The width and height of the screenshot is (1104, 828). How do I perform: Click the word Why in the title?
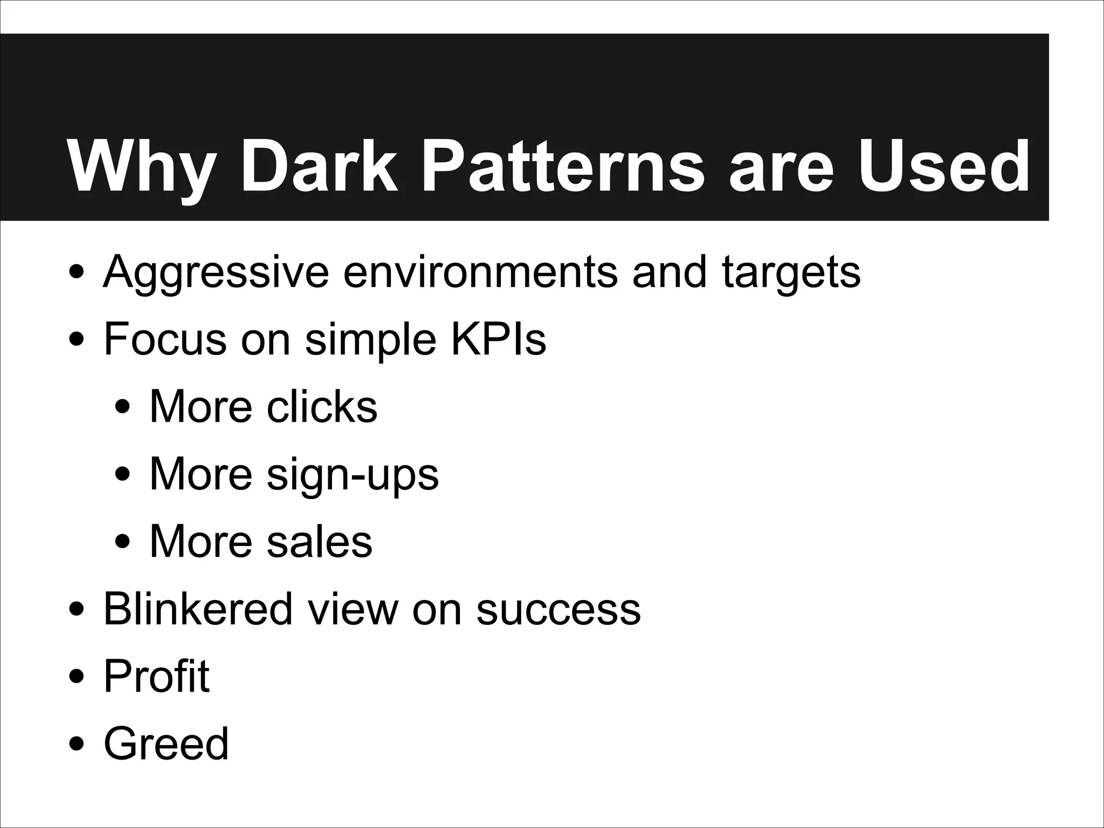coord(141,167)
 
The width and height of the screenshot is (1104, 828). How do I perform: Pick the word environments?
coord(480,272)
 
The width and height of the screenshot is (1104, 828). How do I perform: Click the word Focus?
coord(165,339)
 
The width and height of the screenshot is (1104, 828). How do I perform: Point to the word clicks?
coord(322,406)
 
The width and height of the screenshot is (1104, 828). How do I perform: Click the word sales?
coord(319,541)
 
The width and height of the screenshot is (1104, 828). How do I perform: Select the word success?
coord(558,610)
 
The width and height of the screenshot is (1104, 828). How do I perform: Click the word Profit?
coord(156,676)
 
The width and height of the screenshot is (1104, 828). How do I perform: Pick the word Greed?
coord(166,743)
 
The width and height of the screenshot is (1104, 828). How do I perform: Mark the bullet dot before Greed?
coord(76,744)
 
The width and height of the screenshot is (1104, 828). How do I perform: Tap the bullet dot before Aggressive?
coord(76,273)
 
